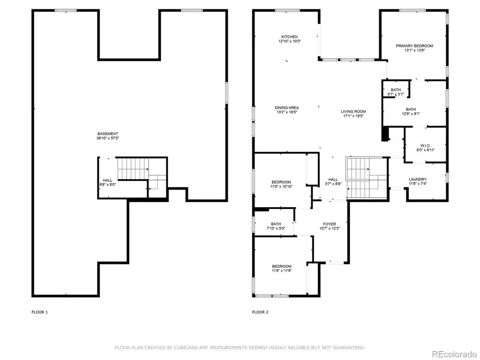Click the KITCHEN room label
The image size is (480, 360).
290,37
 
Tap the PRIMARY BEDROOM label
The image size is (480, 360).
414,46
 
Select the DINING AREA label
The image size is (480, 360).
287,108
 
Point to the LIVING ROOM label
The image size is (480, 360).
353,112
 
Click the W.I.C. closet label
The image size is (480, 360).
426,146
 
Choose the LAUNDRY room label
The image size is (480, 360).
418,180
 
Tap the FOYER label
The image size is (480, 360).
330,224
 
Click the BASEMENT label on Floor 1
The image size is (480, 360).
108,134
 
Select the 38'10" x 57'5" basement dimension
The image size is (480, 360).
108,138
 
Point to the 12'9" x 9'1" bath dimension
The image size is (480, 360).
411,113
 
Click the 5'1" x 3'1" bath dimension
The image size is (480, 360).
396,94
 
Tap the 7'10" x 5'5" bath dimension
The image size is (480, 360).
276,228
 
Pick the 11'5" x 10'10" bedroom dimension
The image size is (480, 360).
281,187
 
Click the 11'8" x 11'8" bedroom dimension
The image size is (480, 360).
282,270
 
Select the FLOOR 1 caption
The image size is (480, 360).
39,312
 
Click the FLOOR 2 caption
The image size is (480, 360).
260,312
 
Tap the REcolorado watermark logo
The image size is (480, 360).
454,354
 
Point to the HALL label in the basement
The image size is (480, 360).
107,180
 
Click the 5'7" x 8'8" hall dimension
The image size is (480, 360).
333,184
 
